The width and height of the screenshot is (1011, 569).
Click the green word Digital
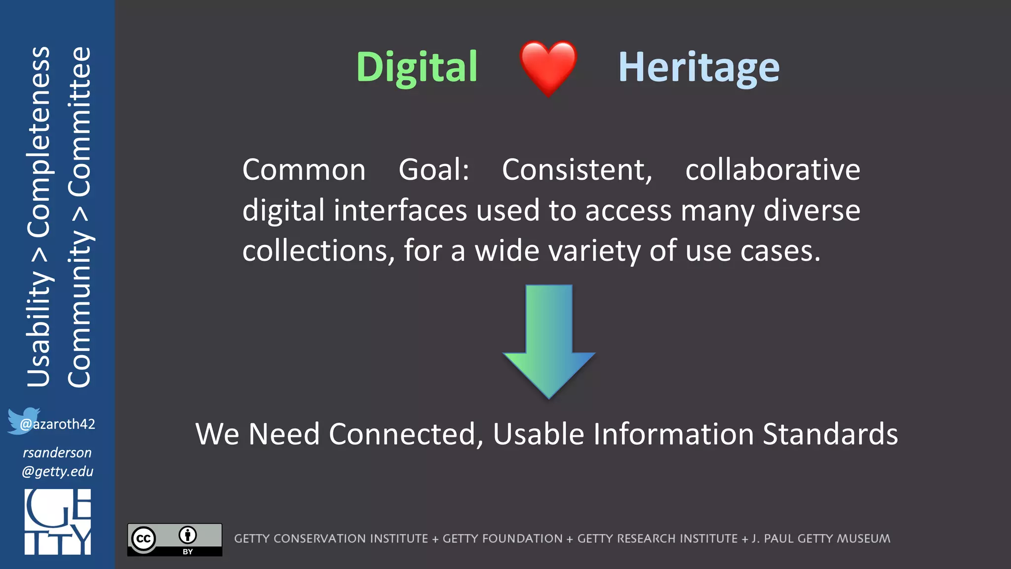[417, 67]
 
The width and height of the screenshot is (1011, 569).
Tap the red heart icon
[548, 67]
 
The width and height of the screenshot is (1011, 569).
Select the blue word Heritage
[699, 67]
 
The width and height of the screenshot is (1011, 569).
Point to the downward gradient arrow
[548, 341]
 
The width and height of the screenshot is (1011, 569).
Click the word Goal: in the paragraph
[433, 170]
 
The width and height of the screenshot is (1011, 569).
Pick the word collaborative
[773, 170]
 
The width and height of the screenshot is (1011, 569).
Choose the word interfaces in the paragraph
[400, 210]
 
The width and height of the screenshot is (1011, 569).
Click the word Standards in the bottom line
[830, 434]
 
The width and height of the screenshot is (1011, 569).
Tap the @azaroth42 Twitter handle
[57, 424]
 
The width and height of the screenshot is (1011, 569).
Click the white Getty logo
[58, 522]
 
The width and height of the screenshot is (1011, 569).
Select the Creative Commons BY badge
[175, 539]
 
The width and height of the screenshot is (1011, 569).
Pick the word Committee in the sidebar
[79, 121]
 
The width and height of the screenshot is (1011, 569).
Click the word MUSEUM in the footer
[863, 538]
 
